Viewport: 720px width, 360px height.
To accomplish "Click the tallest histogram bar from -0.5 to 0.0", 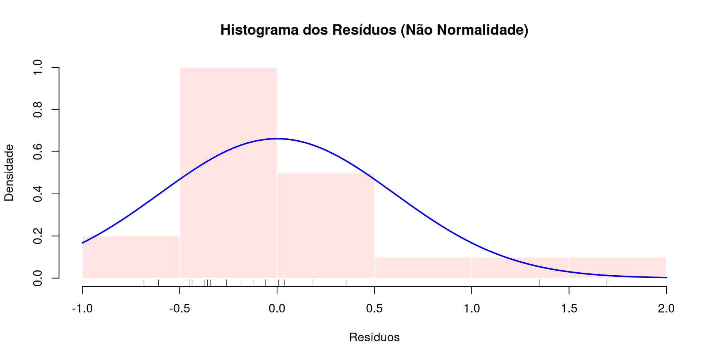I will coord(228,172).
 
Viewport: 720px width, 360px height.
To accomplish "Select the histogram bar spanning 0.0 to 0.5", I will coord(325,225).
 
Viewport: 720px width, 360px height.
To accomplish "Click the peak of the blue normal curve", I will coord(277,139).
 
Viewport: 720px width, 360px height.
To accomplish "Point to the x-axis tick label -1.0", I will coord(82,309).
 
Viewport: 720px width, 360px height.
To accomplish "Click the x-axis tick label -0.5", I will coord(180,309).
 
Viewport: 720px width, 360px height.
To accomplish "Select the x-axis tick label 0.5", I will coord(374,309).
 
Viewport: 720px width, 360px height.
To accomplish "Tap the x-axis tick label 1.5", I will coord(569,309).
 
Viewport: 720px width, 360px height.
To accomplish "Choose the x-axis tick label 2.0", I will coord(666,309).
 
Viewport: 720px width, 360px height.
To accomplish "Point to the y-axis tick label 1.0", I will coord(37,67).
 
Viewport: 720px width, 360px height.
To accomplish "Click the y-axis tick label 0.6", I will coord(37,151).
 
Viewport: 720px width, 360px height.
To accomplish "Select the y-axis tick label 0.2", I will coord(37,236).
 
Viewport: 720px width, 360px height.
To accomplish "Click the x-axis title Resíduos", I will coord(374,337).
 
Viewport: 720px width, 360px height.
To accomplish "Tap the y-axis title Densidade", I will coord(9,172).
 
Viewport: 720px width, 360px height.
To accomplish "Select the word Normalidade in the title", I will coord(482,30).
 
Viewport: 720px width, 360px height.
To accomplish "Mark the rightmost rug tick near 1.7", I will coord(606,283).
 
